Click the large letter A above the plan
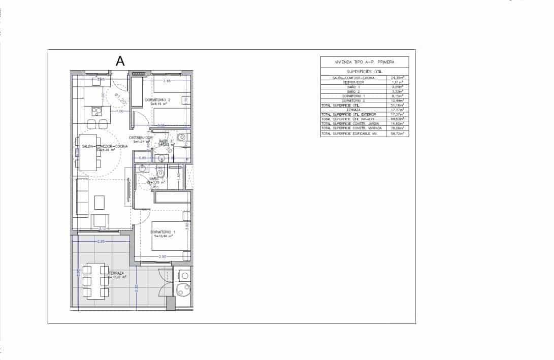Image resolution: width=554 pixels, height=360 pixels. (120, 61)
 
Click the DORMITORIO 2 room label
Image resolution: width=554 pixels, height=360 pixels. (157, 100)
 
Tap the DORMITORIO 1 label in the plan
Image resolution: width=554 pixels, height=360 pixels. (162, 232)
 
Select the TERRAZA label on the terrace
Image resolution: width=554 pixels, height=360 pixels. (116, 273)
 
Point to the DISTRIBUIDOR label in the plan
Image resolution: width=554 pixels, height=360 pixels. (141, 138)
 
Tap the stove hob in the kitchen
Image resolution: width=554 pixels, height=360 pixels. (96, 111)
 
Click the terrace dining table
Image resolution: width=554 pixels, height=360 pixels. (95, 281)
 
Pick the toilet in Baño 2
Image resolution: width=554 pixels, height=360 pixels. (181, 137)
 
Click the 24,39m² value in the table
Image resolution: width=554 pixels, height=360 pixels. (397, 78)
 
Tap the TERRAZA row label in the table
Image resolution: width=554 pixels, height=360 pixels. (353, 110)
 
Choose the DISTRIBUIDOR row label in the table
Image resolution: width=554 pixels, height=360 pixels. (353, 82)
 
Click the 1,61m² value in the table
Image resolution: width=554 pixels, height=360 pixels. (397, 82)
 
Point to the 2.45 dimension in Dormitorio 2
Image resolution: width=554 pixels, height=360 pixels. (167, 81)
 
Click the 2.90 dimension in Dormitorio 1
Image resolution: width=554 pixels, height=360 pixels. (162, 257)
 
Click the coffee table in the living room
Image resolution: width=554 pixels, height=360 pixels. (100, 203)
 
